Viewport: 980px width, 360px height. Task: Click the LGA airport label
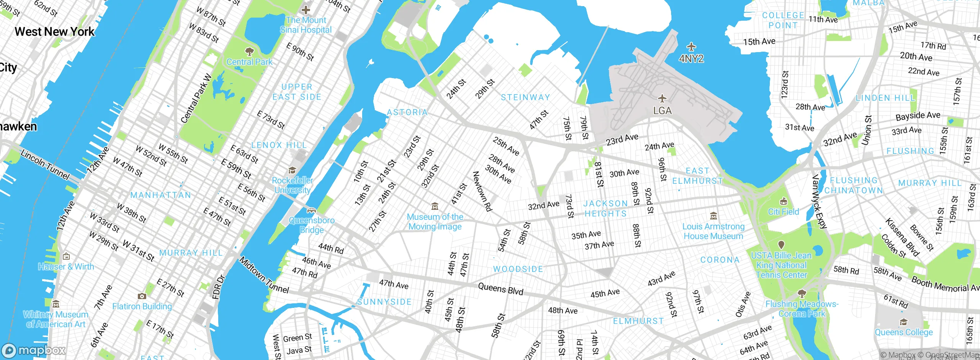click(x=662, y=111)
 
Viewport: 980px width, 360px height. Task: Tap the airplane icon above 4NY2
click(x=691, y=47)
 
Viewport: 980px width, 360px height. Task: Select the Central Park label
click(x=250, y=62)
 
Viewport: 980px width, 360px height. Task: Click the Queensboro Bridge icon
click(x=312, y=211)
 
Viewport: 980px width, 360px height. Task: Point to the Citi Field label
click(x=784, y=212)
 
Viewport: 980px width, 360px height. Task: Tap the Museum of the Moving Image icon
click(x=435, y=207)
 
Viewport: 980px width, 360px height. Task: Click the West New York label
click(x=54, y=31)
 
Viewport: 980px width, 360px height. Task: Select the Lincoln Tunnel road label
click(x=45, y=165)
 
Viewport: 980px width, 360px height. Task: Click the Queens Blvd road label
click(x=500, y=289)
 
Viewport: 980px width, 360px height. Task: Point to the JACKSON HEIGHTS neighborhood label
click(x=605, y=208)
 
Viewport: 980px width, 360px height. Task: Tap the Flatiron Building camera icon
click(x=142, y=296)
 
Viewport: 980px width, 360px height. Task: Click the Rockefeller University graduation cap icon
click(x=292, y=170)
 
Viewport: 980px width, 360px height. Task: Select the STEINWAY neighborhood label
click(x=525, y=97)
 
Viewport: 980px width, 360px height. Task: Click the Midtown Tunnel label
click(x=264, y=275)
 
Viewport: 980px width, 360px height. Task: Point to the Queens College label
click(x=903, y=332)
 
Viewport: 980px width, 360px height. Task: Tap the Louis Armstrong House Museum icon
click(x=713, y=216)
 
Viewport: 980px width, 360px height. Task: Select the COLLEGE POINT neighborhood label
click(x=783, y=20)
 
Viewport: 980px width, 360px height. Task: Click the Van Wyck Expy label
click(x=819, y=201)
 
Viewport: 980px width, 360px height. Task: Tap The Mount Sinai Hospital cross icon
click(x=306, y=10)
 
